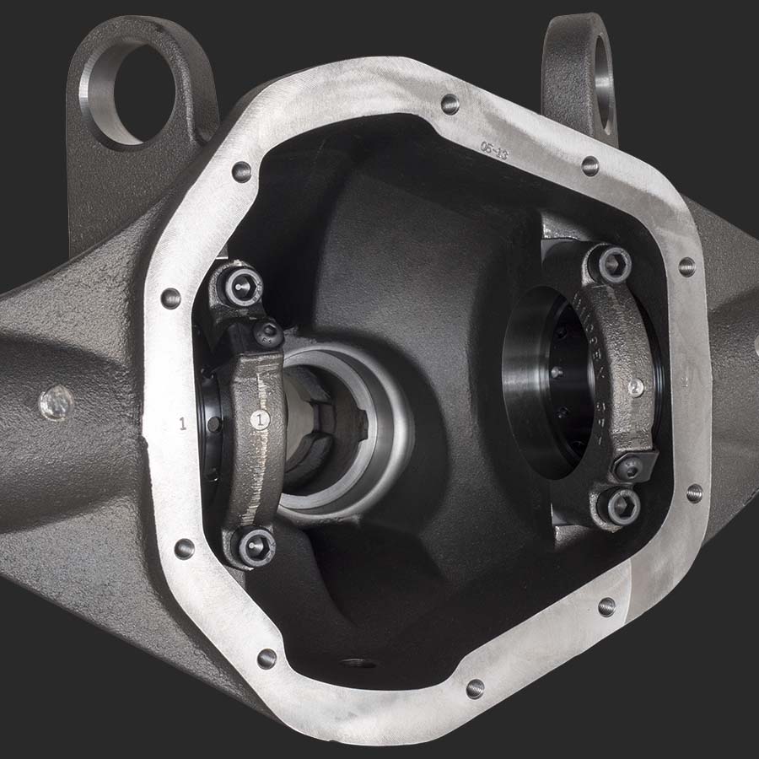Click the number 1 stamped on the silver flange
point(183,423)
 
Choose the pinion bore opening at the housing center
point(337,430)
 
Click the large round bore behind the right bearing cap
point(544,379)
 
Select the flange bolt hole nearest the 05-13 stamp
point(451,104)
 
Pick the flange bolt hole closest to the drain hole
point(475,688)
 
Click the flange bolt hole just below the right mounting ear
point(590,165)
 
